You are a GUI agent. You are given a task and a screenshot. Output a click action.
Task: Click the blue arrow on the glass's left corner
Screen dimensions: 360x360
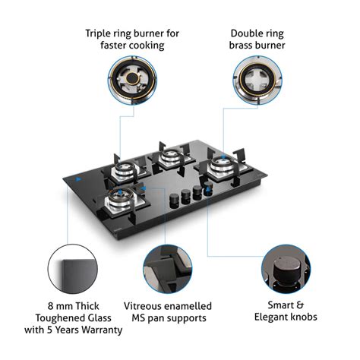point(78,181)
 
